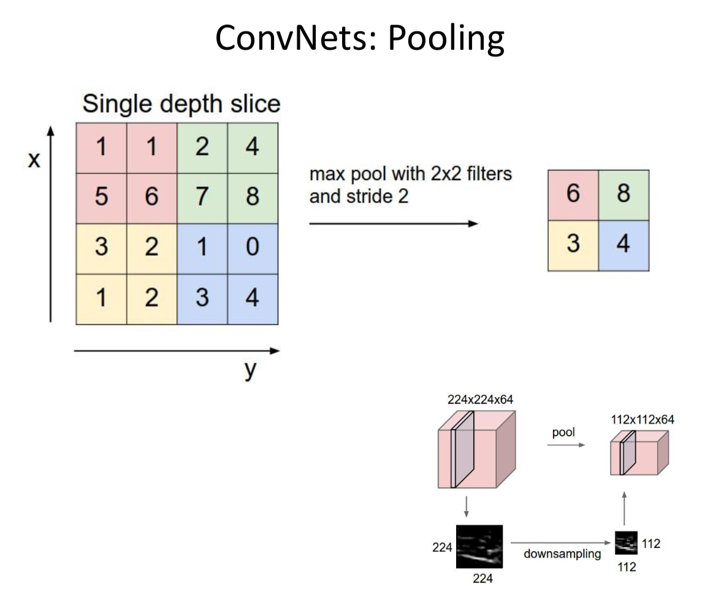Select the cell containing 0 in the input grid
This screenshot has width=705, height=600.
point(252,248)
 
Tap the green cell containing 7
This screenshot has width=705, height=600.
point(202,197)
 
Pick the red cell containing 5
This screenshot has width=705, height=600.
point(101,197)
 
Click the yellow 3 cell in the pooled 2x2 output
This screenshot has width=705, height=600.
point(573,245)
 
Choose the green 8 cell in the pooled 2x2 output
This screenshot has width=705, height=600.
point(623,195)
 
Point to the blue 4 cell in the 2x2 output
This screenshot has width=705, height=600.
point(623,245)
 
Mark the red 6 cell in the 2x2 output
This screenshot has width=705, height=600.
point(573,195)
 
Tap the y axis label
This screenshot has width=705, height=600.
point(249,370)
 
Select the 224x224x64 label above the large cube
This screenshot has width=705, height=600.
point(480,400)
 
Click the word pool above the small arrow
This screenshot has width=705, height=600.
point(563,433)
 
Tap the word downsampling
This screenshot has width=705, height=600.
point(562,554)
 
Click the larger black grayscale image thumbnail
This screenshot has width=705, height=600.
point(479,547)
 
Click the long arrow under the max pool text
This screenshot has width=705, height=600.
point(393,224)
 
